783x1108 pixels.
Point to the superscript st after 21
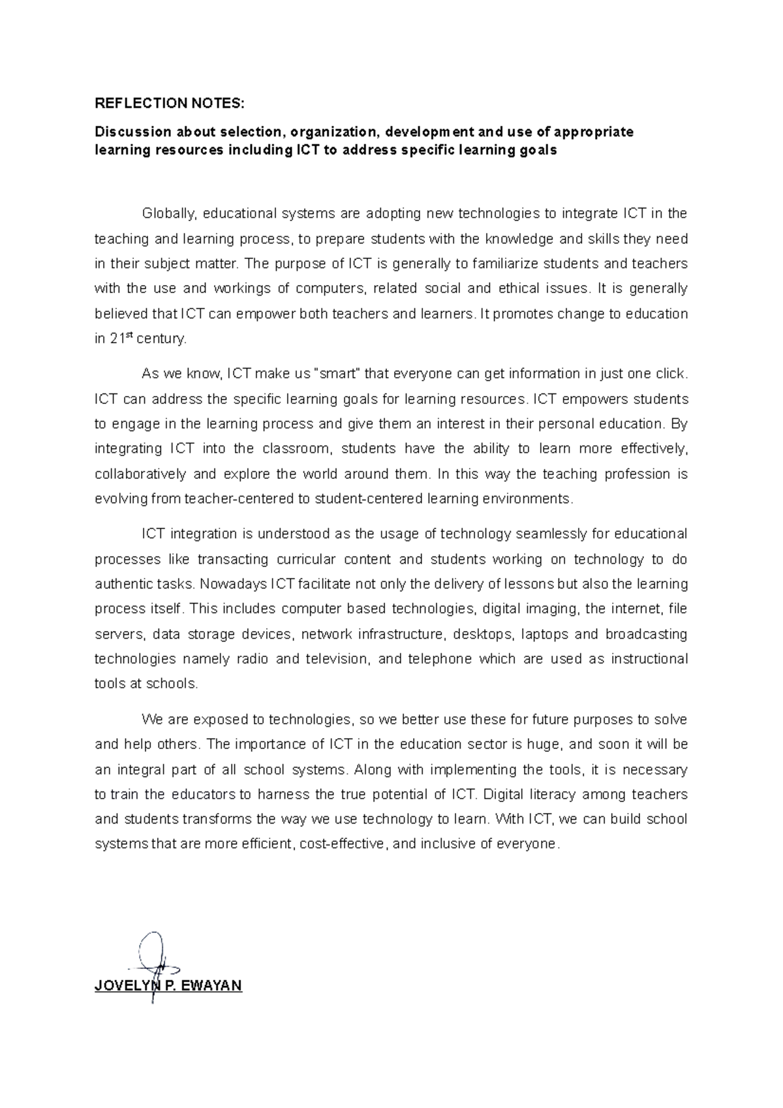coord(129,335)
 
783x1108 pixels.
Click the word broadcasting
coord(646,634)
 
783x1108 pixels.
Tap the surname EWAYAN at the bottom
coord(210,986)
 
